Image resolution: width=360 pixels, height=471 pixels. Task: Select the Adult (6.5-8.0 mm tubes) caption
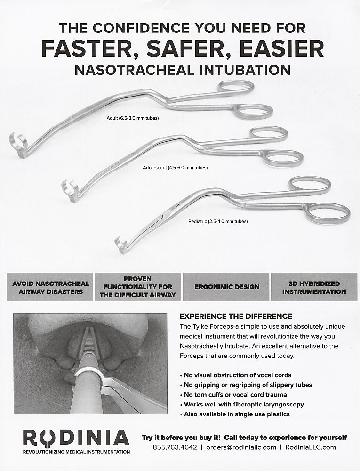[133, 118]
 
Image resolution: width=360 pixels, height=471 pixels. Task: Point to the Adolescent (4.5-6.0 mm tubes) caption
[175, 167]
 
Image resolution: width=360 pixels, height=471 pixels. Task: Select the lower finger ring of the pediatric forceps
[328, 212]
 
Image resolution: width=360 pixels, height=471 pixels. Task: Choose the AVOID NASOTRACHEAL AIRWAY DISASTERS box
[50, 287]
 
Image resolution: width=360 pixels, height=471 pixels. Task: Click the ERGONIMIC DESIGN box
[226, 287]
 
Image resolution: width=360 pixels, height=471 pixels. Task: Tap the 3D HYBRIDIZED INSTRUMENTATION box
[314, 287]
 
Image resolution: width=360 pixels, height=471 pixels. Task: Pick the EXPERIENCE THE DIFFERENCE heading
[236, 316]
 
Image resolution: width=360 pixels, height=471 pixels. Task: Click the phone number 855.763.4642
[175, 447]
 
